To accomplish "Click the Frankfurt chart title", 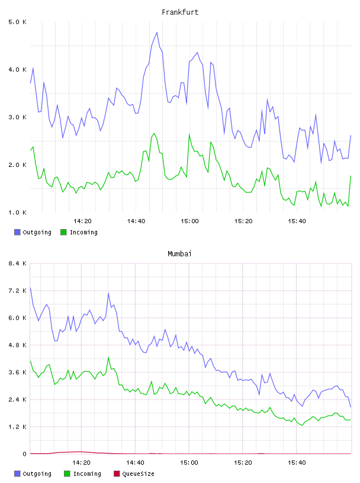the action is point(180,12).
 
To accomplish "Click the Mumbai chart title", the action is point(179,254).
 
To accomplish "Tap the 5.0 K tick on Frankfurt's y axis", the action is point(18,22).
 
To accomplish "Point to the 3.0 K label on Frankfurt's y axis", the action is point(18,117).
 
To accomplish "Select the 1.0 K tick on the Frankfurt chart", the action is point(18,212).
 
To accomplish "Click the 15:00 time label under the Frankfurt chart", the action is point(189,221).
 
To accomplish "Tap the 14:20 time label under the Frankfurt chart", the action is point(82,221).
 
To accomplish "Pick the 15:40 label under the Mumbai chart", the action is point(297,463).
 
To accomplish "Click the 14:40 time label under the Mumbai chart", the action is point(135,463).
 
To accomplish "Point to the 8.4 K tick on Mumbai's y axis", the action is point(18,263).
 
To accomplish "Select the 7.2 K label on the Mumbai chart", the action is point(18,291).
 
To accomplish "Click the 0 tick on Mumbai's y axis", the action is point(24,454).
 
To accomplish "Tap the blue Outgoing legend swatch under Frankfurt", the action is point(17,232).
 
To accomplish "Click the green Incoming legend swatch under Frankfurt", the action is point(63,232).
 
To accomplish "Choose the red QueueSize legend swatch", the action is point(117,474).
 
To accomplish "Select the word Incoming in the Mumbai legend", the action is point(87,474).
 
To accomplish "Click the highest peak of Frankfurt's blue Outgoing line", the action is point(157,33).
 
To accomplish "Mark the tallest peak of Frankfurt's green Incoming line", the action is point(154,133).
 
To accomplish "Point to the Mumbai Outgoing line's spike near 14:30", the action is point(108,293).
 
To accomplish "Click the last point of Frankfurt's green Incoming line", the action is point(351,176).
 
